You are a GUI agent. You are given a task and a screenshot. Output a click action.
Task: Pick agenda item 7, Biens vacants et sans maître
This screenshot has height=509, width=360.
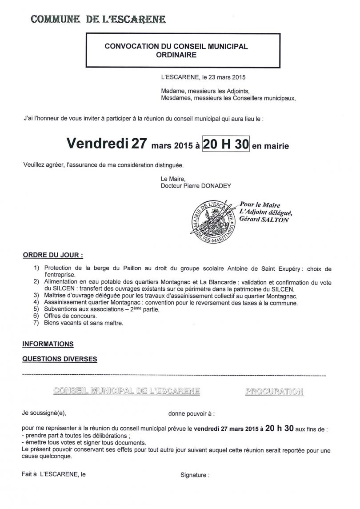coord(84,323)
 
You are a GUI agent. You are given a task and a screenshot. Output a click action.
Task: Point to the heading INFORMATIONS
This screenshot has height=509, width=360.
coord(48,344)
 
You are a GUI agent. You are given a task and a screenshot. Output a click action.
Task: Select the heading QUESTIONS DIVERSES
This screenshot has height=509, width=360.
coord(60,358)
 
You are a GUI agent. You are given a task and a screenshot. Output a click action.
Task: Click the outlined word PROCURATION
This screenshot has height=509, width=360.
coord(274,392)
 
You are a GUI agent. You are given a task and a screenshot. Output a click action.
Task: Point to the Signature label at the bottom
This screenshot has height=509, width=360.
coord(194,475)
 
